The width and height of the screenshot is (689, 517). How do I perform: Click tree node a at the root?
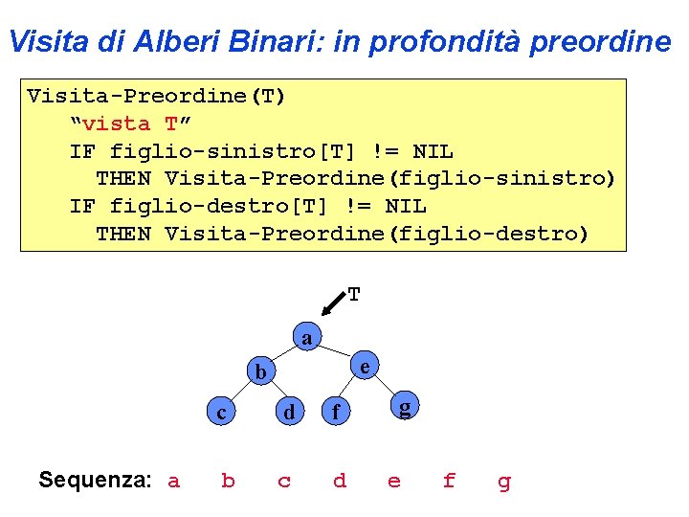click(x=306, y=338)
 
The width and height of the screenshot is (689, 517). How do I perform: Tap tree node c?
click(x=221, y=413)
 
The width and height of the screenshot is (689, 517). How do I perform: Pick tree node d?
click(x=286, y=413)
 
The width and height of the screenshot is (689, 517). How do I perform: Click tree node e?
click(x=365, y=365)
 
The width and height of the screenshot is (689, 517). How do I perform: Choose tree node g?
click(x=405, y=408)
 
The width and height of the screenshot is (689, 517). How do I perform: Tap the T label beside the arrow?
click(x=354, y=295)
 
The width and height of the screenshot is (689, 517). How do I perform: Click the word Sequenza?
click(x=95, y=480)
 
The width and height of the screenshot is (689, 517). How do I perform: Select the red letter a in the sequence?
click(x=173, y=481)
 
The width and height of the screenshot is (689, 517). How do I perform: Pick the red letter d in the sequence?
click(x=339, y=481)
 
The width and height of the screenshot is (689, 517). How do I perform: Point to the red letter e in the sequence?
click(x=394, y=481)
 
